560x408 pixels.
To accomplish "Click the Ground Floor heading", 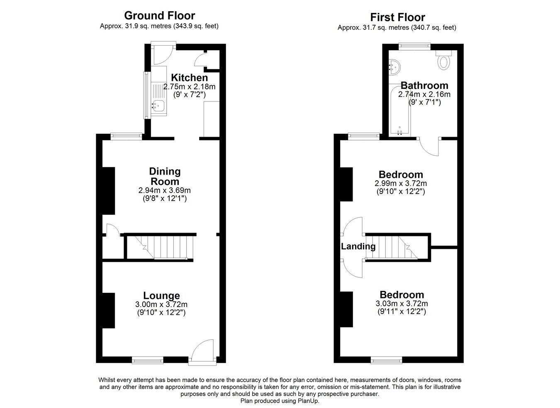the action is pos(160,16).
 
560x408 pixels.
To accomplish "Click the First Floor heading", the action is pos(397,17).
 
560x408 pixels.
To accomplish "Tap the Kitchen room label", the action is pos(190,78).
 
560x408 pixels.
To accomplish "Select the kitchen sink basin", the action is pos(158,106).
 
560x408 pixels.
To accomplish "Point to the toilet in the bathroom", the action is pos(443,60).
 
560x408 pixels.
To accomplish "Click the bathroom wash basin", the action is pos(394,67).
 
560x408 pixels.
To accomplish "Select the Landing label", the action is pos(358,246).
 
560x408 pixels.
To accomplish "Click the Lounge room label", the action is pos(161,295).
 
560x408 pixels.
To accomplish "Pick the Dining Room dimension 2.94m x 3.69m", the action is pos(165,190).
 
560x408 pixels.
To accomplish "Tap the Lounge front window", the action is pos(148,361).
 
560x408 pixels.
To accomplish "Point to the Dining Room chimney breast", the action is pos(109,191).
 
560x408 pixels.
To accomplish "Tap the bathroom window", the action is pos(414,46).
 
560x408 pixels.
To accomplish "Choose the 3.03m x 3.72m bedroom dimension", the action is pos(402,304).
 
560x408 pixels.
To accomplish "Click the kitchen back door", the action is pos(163,54).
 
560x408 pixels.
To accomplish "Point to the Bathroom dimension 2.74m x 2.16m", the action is pos(424,94).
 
